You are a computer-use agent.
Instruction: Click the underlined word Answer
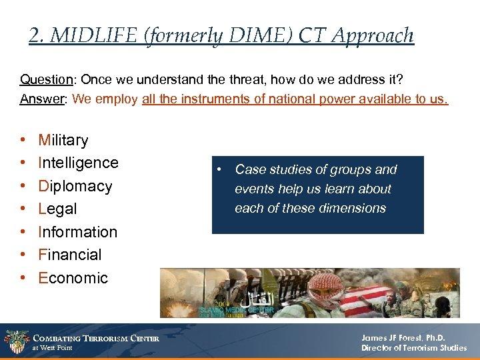[42, 99]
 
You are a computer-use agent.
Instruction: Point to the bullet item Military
[63, 140]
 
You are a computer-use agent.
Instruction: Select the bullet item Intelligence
[78, 163]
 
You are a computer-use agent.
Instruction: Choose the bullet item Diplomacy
[75, 186]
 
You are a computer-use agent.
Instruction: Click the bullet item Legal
[57, 209]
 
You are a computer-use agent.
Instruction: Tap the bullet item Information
[77, 232]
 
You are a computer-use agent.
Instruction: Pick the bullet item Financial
[70, 255]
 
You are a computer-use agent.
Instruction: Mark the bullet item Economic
[73, 278]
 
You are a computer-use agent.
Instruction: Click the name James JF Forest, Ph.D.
[403, 338]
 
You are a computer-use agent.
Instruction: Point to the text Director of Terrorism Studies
[413, 348]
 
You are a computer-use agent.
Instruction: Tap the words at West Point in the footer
[53, 348]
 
